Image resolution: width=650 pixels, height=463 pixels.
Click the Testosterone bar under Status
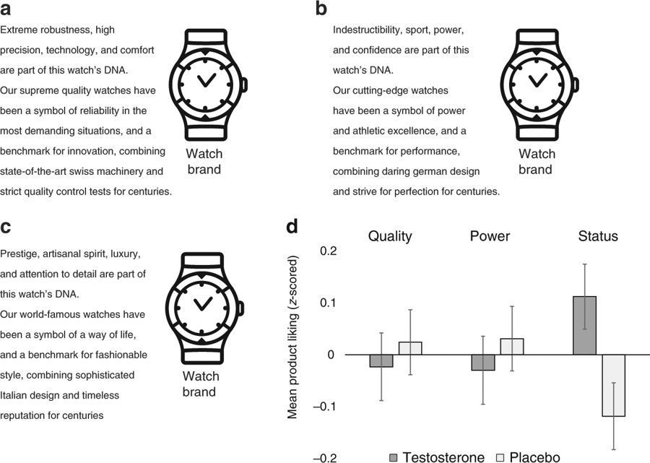click(x=584, y=325)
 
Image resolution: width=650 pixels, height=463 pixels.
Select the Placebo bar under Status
click(x=613, y=385)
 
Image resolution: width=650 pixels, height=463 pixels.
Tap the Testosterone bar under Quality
click(x=381, y=361)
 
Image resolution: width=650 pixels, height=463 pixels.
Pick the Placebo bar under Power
click(x=512, y=347)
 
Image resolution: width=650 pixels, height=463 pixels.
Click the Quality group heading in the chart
click(x=390, y=236)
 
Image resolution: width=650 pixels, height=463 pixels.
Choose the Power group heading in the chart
click(x=490, y=236)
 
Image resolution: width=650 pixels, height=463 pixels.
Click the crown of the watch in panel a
click(x=244, y=84)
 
